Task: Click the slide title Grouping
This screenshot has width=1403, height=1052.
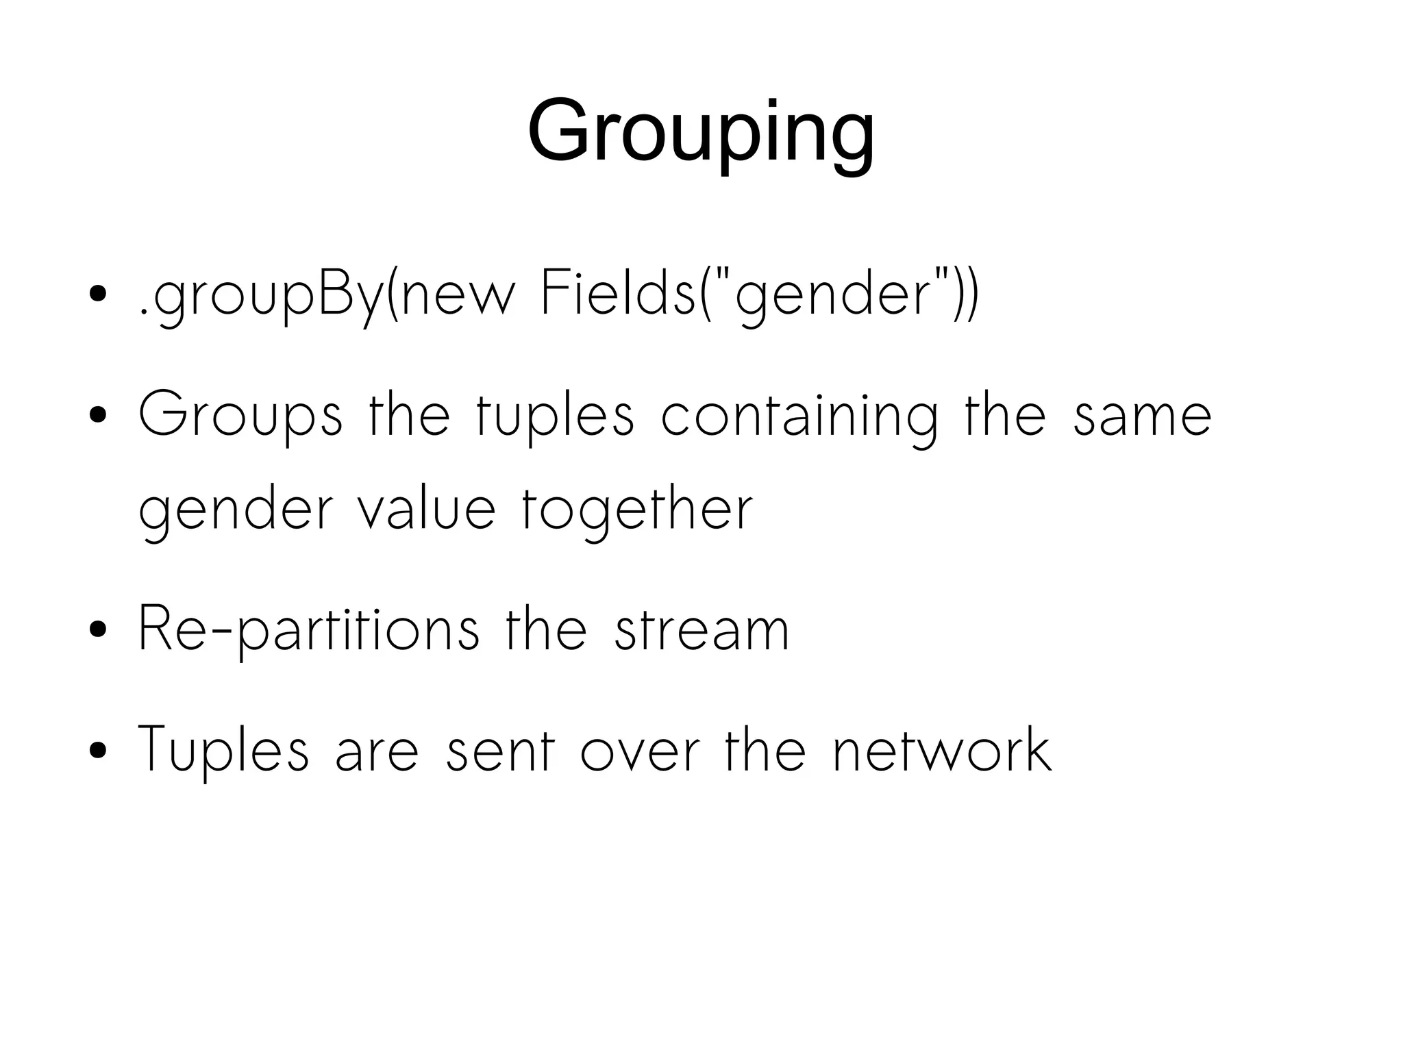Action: [x=700, y=131]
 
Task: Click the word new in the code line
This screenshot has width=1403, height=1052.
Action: [x=457, y=296]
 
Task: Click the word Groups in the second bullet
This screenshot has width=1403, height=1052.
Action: [x=240, y=415]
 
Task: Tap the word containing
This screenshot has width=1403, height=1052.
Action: [x=799, y=415]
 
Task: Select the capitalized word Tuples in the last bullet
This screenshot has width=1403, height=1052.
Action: [x=223, y=751]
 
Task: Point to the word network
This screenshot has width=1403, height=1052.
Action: [x=943, y=751]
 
